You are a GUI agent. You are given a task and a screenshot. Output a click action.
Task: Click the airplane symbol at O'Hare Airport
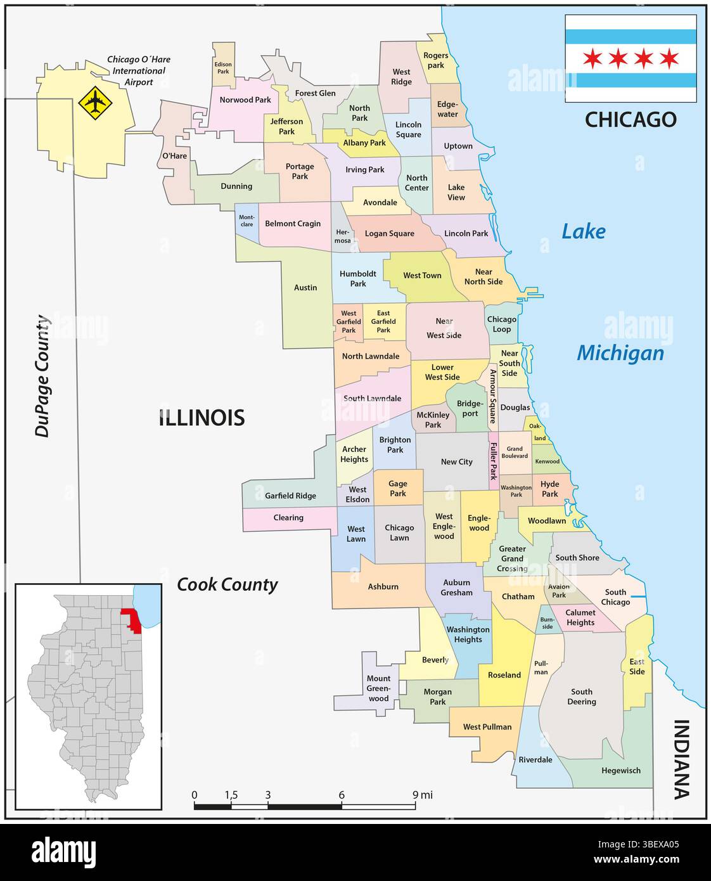click(93, 101)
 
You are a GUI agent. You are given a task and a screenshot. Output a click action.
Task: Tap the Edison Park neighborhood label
click(223, 68)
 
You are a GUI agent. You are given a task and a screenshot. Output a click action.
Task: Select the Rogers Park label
click(435, 60)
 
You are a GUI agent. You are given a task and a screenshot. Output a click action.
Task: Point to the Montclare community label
click(247, 221)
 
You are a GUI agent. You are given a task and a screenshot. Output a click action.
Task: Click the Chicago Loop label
click(501, 324)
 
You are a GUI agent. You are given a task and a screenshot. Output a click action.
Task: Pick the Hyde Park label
click(549, 489)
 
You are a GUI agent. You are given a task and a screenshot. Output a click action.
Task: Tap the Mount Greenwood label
click(379, 688)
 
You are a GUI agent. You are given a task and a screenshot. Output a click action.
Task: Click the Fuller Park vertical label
click(493, 461)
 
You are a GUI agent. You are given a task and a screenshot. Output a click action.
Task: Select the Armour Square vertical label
click(492, 396)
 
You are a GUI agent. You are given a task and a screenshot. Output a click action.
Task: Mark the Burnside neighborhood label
click(547, 623)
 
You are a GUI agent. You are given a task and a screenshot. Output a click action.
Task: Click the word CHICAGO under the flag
click(631, 119)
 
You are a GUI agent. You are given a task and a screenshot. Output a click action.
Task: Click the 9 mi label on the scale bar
click(422, 795)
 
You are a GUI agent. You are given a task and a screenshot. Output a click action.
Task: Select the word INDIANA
click(681, 759)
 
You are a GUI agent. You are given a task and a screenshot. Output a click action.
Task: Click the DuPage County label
click(42, 376)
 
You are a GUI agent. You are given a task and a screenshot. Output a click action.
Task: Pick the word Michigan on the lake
click(620, 353)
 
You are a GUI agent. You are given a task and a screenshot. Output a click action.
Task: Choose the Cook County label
click(227, 584)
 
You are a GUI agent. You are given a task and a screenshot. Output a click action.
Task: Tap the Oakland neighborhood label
click(537, 432)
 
